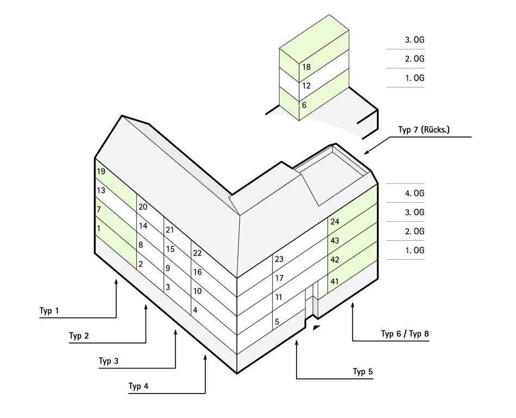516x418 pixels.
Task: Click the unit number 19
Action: pos(101,171)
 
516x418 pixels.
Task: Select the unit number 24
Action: pos(335,221)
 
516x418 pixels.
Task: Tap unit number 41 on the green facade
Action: pos(335,282)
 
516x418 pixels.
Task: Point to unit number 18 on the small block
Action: pos(306,67)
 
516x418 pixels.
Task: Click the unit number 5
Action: pos(277,321)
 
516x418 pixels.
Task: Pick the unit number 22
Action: pos(197,253)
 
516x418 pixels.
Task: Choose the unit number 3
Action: pos(168,287)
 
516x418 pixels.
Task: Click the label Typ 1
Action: pos(49,310)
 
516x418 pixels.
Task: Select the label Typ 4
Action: pos(138,386)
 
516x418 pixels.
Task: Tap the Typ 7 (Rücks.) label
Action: pos(424,129)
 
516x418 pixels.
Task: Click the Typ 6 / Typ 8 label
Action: pos(405,334)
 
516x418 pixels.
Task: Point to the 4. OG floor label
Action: pos(414,193)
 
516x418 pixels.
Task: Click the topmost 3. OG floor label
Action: pos(414,40)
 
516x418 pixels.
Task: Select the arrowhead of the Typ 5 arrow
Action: pos(297,342)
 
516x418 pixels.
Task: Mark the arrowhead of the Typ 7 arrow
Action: pos(366,152)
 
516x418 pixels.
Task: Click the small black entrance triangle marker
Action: pos(317,327)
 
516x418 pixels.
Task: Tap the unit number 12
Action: pos(306,86)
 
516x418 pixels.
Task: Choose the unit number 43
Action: pos(335,240)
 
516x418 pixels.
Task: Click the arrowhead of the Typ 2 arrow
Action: pos(146,307)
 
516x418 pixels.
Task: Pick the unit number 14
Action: pos(143,226)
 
